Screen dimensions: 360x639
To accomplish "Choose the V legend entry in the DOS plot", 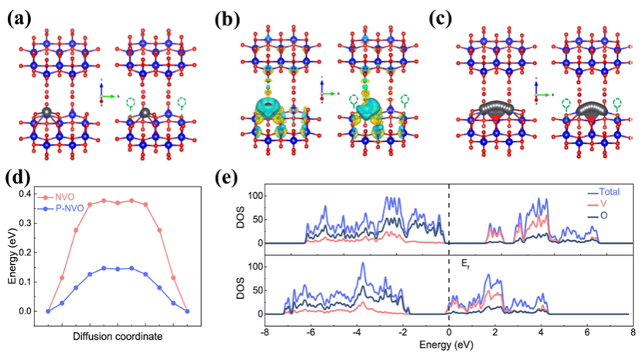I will (601, 205).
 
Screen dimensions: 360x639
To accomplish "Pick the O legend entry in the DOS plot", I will (601, 219).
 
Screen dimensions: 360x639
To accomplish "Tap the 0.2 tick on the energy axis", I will (32, 252).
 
